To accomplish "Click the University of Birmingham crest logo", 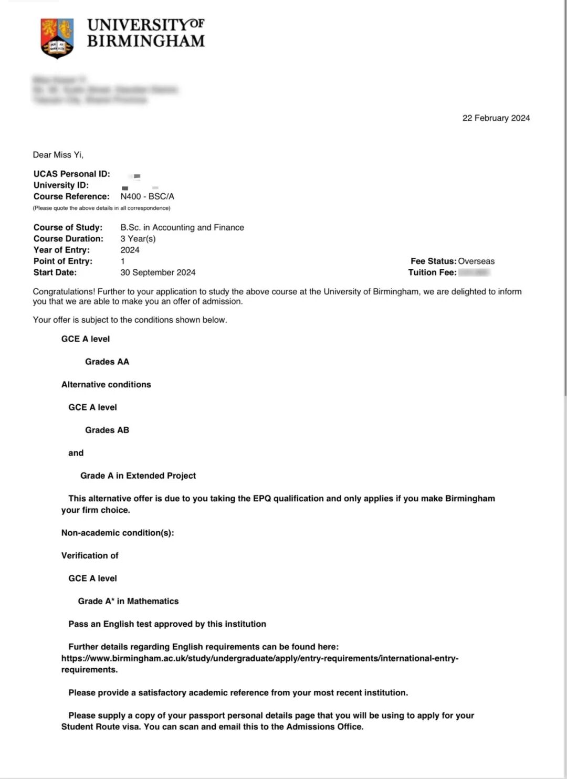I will (x=57, y=38).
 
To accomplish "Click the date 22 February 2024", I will (x=496, y=118).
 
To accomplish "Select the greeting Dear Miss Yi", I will (x=58, y=155).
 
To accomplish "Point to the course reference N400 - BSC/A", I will (x=147, y=196).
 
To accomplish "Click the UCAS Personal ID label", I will (x=71, y=174).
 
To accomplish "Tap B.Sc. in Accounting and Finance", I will (x=182, y=227).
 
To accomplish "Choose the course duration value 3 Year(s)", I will (x=138, y=238).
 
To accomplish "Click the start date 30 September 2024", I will (x=157, y=272).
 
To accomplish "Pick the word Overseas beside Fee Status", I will (x=476, y=261).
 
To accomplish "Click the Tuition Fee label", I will (x=432, y=272).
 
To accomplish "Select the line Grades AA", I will (x=107, y=362).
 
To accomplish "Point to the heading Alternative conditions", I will (x=106, y=384).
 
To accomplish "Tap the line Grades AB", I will (x=107, y=430).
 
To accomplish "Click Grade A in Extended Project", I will (x=138, y=476).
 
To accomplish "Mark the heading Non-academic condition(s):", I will (x=117, y=533).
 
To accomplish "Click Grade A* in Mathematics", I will (x=128, y=601).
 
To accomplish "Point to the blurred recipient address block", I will (x=105, y=90).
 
